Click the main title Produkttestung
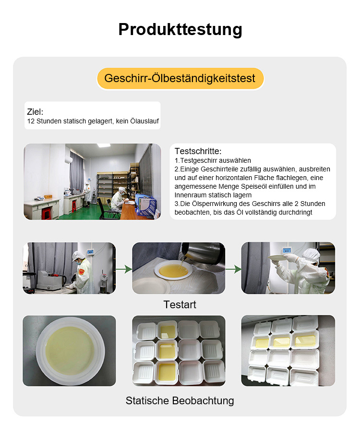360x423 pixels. point(180,29)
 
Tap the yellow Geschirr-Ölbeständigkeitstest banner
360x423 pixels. point(180,78)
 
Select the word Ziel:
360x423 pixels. point(35,112)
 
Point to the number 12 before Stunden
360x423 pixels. point(31,121)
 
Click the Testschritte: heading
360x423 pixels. point(198,151)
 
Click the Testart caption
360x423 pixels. point(180,304)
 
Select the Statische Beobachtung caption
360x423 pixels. point(180,400)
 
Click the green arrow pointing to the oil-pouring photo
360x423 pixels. point(124,269)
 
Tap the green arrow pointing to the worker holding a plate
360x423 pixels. point(233,269)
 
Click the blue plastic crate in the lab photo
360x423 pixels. point(146,205)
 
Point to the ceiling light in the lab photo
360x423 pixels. point(104,145)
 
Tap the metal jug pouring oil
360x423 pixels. point(202,254)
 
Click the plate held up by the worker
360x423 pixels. point(277,258)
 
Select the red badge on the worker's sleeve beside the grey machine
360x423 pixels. point(82,272)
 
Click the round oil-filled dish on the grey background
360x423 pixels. point(71,350)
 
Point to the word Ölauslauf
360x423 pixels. point(144,121)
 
